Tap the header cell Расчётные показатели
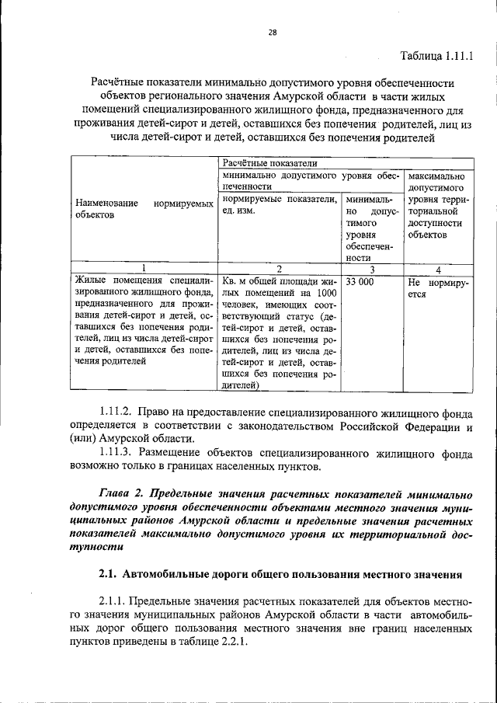(259, 162)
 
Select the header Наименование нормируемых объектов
(144, 207)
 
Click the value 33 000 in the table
(360, 283)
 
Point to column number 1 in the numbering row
(143, 269)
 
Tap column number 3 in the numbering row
(372, 269)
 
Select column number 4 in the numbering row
(438, 269)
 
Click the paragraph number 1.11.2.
(117, 410)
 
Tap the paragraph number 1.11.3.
(117, 452)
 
